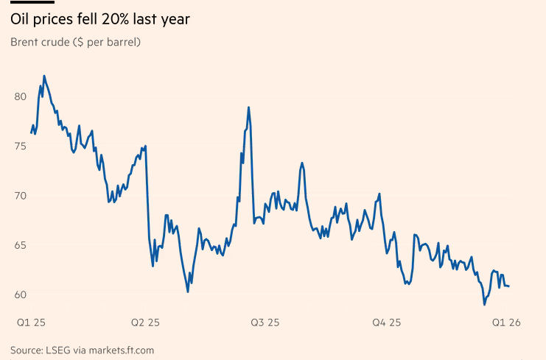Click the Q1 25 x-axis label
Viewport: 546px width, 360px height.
click(31, 322)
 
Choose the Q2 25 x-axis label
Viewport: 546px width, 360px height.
click(144, 322)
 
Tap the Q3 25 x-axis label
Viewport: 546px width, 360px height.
click(265, 322)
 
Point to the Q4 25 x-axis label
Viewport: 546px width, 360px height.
click(385, 322)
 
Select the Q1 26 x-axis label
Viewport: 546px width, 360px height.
click(507, 322)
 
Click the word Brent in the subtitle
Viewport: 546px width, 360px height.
click(27, 41)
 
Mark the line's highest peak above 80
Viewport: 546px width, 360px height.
click(44, 75)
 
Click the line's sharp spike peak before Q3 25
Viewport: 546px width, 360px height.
click(249, 107)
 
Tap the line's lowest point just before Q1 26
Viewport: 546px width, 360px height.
click(484, 304)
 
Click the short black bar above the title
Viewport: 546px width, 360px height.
click(32, 2)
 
